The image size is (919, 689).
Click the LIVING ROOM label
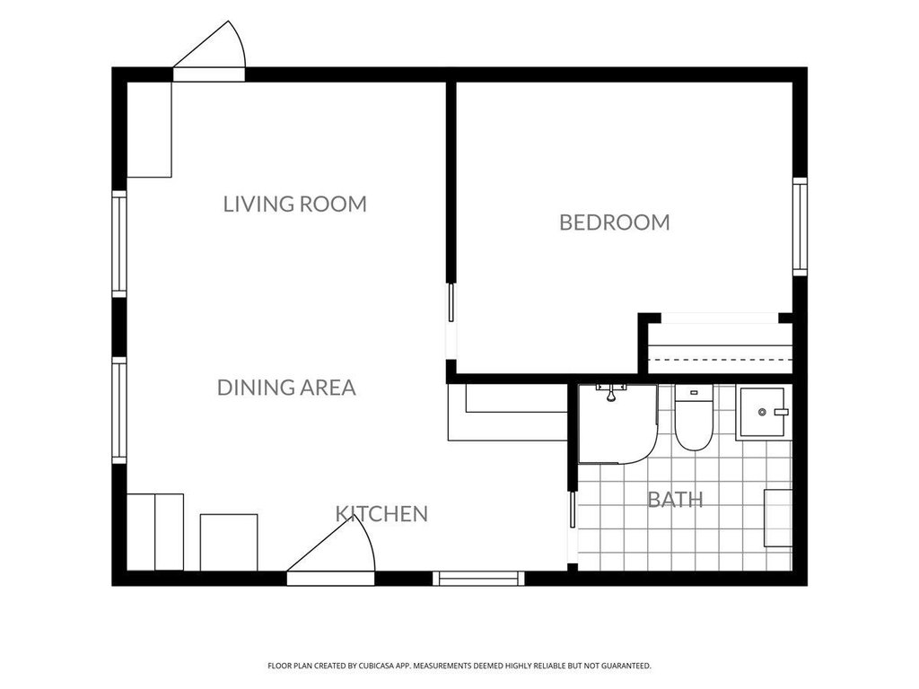click(294, 204)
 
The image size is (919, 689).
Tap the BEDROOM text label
click(614, 222)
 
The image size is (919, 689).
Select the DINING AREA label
click(286, 388)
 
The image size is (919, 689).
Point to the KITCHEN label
click(381, 514)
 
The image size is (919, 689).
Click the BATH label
click(675, 500)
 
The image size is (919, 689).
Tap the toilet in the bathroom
click(694, 417)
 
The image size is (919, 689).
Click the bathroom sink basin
click(761, 413)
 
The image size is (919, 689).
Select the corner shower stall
click(617, 424)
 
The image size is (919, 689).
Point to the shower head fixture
click(610, 393)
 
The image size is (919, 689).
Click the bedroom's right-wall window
click(800, 227)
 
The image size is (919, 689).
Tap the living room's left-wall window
click(119, 244)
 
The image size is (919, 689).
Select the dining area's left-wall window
click(119, 410)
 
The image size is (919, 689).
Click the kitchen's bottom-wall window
click(479, 579)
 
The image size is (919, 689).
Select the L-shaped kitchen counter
click(508, 413)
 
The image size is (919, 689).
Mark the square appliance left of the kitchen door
click(229, 543)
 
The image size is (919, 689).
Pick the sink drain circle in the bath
click(762, 413)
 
